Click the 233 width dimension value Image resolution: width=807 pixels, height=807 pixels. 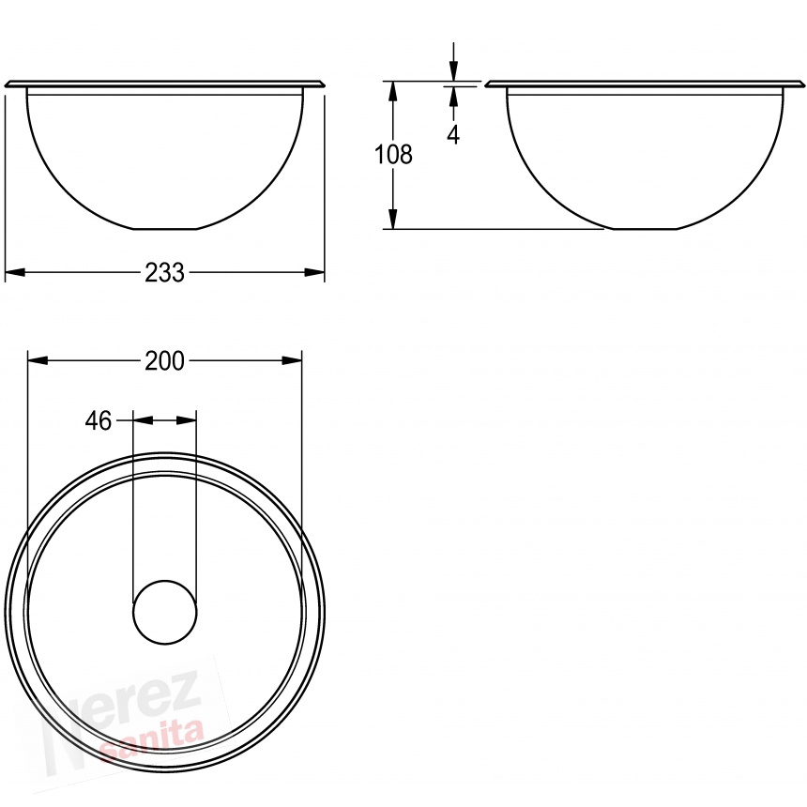pyautogui.click(x=164, y=273)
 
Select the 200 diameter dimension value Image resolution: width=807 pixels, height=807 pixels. pyautogui.click(x=164, y=361)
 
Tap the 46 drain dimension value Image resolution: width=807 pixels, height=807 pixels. pyautogui.click(x=99, y=421)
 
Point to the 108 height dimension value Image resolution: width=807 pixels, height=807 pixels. pyautogui.click(x=393, y=155)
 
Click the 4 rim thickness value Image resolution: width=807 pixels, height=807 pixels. pyautogui.click(x=453, y=134)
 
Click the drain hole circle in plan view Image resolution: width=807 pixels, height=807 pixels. pyautogui.click(x=165, y=612)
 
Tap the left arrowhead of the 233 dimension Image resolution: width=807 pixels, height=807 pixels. pyautogui.click(x=15, y=272)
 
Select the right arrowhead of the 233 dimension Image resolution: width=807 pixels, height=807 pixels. pyautogui.click(x=314, y=272)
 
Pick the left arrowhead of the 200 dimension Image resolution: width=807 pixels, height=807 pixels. pyautogui.click(x=38, y=360)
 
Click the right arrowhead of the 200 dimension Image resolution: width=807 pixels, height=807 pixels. pyautogui.click(x=292, y=360)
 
